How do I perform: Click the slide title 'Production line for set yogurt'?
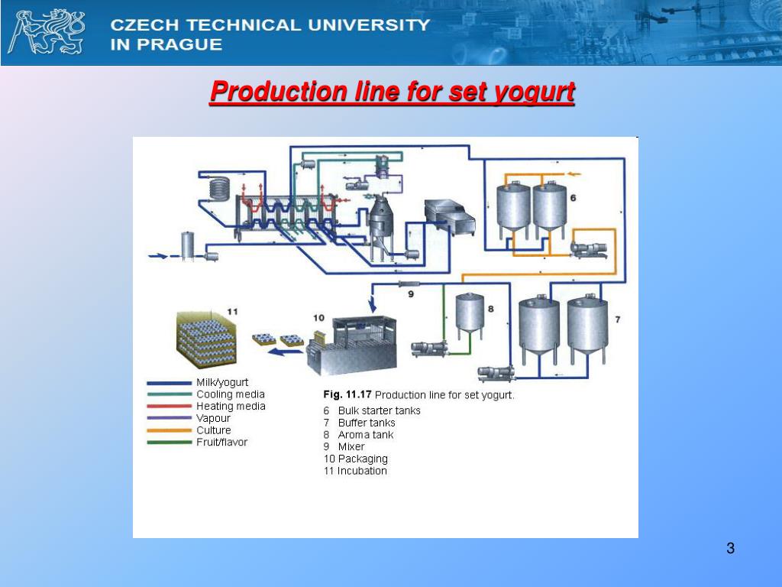pos(392,92)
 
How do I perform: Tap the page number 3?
pos(730,548)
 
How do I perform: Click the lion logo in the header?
pos(46,32)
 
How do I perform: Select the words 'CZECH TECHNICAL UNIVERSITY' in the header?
pos(270,24)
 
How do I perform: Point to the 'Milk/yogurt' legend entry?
pos(222,382)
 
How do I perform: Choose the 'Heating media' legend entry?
pos(231,407)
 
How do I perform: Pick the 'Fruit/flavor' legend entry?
pos(221,442)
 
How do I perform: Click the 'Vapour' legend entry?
pos(213,418)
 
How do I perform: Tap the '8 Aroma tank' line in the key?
pos(358,435)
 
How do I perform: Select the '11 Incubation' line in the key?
pos(355,471)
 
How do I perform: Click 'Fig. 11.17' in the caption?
pos(347,395)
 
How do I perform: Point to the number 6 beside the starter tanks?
pos(573,198)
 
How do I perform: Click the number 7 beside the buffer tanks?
pos(617,318)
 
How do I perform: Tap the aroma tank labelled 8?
pos(470,314)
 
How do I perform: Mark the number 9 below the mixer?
pos(410,293)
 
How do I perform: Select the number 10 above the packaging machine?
pos(318,317)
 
